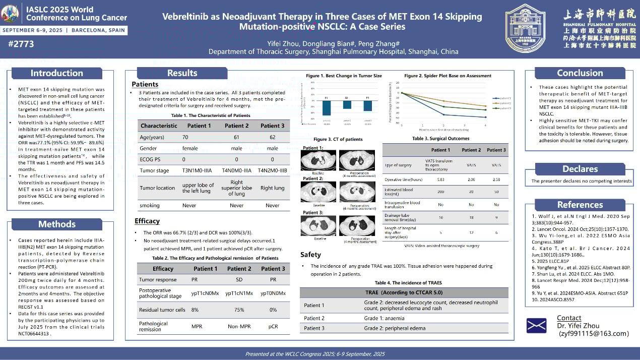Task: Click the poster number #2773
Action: [21, 44]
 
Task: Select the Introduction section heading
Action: [56, 73]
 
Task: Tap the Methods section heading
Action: [56, 224]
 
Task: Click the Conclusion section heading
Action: [580, 73]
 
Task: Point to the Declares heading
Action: [580, 169]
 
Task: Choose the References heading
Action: [580, 205]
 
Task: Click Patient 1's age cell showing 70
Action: [185, 137]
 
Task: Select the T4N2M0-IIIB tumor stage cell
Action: [272, 170]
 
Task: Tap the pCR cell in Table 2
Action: [273, 326]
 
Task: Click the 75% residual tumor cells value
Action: [237, 310]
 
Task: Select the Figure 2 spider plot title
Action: [447, 76]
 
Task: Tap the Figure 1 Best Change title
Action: [344, 76]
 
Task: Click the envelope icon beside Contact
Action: [536, 325]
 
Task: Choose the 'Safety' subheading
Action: [311, 255]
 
